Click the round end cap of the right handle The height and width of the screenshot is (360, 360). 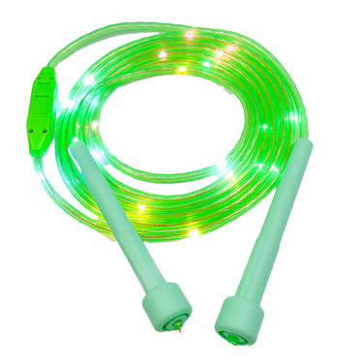[238, 315]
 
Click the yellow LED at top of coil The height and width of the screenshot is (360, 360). [180, 71]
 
